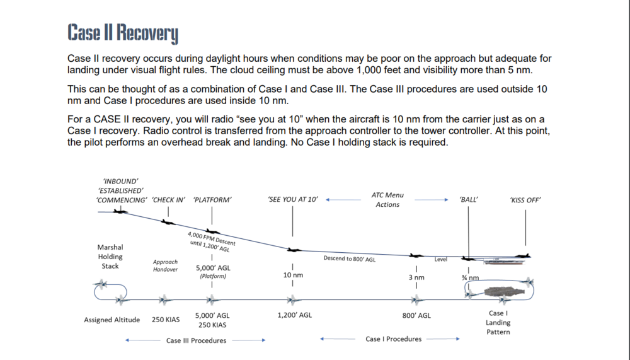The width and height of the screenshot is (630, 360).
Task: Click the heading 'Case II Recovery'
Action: click(123, 33)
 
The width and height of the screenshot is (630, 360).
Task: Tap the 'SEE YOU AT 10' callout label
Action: click(293, 200)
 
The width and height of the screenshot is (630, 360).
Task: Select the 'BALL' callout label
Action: click(469, 200)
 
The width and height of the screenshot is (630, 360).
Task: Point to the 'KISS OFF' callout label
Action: click(525, 200)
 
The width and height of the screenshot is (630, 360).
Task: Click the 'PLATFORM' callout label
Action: click(212, 200)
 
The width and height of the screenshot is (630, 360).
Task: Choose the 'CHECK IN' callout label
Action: click(169, 200)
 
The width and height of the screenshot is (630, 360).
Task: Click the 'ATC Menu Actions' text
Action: click(387, 200)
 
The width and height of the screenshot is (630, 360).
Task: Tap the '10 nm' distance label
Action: click(293, 276)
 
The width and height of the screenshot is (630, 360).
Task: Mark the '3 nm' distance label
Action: click(416, 277)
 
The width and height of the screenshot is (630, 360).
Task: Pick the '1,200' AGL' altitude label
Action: click(294, 315)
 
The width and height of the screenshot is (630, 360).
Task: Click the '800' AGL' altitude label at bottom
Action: click(416, 315)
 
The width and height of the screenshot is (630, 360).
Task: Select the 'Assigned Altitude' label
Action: click(112, 320)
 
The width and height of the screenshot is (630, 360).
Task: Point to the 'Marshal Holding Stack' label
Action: click(110, 257)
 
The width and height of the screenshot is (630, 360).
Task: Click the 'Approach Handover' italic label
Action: click(165, 265)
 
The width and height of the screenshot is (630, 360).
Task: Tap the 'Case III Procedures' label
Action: click(196, 340)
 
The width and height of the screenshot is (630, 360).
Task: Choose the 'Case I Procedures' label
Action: click(394, 339)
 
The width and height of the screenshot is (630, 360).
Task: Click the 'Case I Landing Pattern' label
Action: click(498, 322)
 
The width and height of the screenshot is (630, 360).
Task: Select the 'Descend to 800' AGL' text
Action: click(350, 259)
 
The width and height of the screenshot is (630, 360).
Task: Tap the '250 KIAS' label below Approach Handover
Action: click(166, 320)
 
